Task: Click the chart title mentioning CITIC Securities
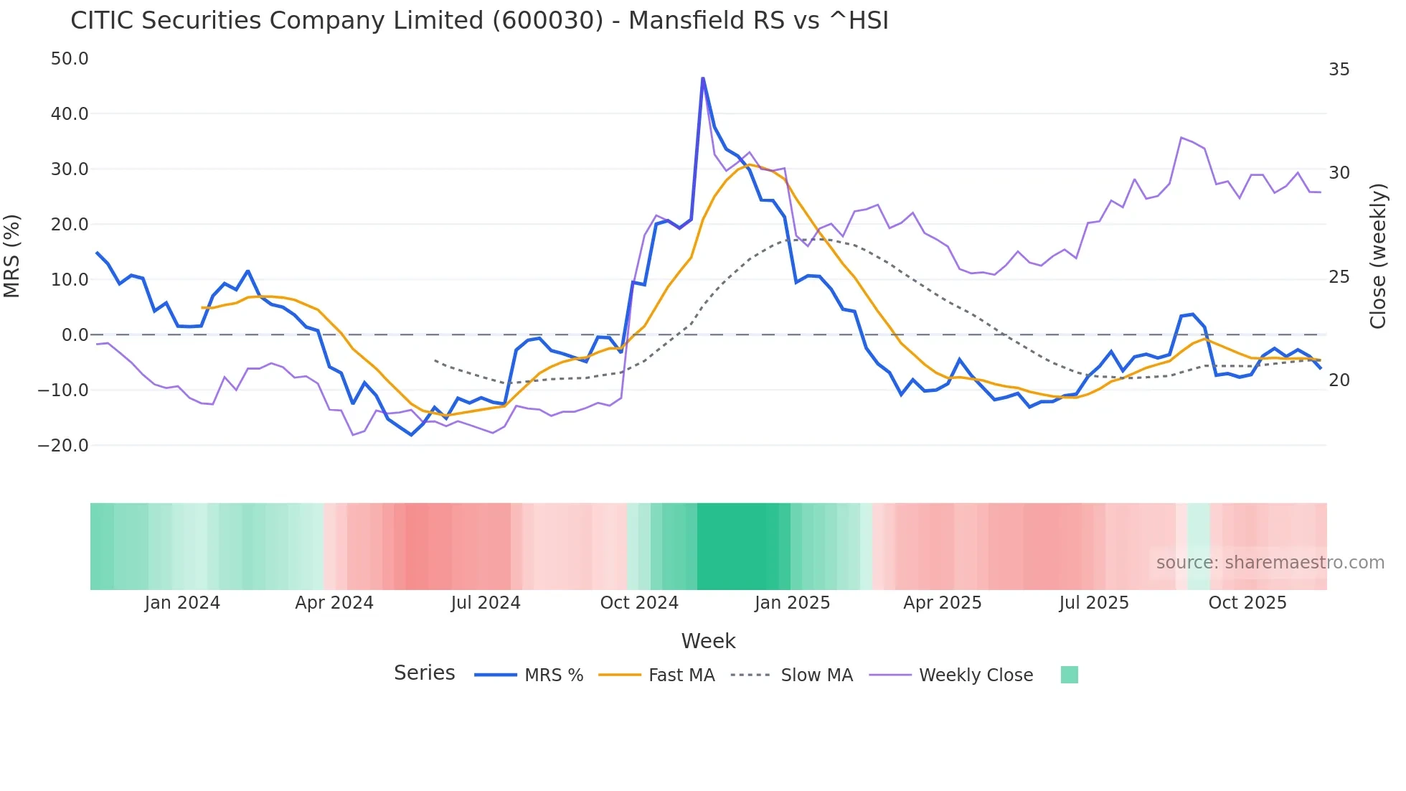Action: tap(479, 21)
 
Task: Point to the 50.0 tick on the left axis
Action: tap(70, 59)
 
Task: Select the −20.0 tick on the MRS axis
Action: tap(63, 446)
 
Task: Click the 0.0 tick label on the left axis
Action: tap(75, 335)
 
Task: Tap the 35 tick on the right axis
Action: tap(1339, 70)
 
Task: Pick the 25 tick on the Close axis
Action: tap(1339, 277)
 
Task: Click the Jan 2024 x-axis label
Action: tap(182, 603)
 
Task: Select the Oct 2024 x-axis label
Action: tap(639, 603)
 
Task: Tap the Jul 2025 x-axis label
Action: tap(1094, 603)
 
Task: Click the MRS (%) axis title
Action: tap(12, 256)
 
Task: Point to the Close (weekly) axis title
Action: tap(1378, 256)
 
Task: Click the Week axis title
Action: tap(708, 641)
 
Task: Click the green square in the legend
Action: tap(1069, 675)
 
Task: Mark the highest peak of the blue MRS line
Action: tap(703, 78)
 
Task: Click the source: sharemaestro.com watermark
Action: tap(1270, 563)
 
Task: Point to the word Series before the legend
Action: tap(424, 673)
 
